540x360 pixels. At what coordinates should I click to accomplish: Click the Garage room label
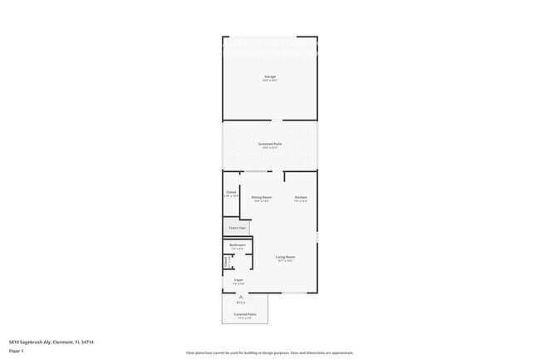[x=270, y=76]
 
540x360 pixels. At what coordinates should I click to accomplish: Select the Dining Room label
[x=262, y=197]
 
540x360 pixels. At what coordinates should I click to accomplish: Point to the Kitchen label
[x=301, y=197]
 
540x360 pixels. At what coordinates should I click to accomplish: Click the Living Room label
[x=286, y=257]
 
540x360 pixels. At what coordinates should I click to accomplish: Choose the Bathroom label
[x=238, y=245]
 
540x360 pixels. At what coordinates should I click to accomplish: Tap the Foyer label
[x=238, y=280]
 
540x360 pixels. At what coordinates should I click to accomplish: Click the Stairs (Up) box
[x=237, y=227]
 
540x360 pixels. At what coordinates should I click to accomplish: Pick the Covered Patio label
[x=245, y=314]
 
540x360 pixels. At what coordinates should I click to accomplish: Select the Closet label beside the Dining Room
[x=231, y=192]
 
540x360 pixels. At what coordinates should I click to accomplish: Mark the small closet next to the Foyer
[x=227, y=262]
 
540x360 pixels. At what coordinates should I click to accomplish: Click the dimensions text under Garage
[x=270, y=81]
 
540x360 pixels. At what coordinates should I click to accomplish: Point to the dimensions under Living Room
[x=286, y=261]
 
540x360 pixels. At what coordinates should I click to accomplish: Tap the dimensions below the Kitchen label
[x=301, y=201]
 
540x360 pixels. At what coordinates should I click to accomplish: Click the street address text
[x=51, y=342]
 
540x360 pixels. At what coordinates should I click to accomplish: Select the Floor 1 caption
[x=16, y=352]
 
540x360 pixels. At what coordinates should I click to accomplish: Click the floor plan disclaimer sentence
[x=269, y=353]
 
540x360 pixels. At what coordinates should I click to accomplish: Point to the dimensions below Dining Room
[x=262, y=201]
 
